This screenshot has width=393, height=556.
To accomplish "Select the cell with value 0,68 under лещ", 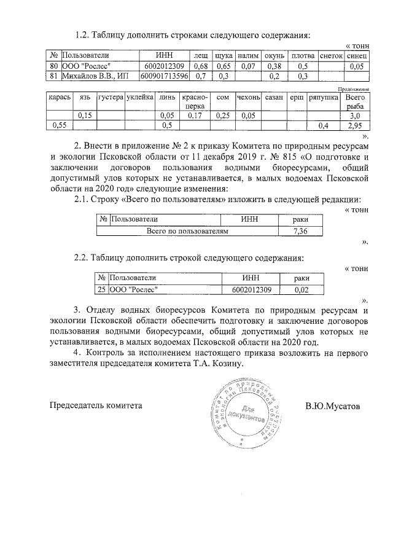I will coord(200,66).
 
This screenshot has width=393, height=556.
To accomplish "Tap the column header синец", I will coord(357,55).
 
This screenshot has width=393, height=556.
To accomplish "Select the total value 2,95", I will coord(354,125).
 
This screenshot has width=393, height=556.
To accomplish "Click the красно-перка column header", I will coord(195,101).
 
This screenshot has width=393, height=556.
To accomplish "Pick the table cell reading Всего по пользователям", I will coord(187,231).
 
